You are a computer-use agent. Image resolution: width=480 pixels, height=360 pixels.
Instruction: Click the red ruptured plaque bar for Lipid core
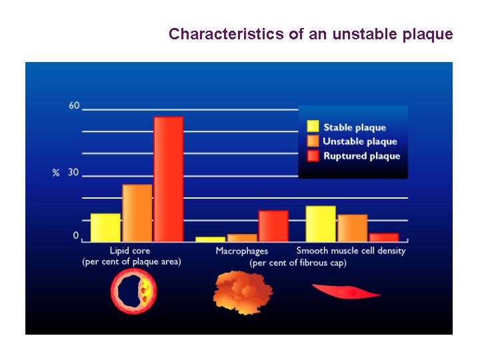[169, 179]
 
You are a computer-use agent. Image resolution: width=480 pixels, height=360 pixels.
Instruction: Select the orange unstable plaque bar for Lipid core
[137, 213]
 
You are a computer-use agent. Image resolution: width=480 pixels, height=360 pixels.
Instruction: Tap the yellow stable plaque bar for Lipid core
[105, 227]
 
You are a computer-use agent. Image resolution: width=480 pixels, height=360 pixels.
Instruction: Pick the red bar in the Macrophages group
[273, 226]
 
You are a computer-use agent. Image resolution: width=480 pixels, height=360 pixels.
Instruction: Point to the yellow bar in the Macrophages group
[211, 239]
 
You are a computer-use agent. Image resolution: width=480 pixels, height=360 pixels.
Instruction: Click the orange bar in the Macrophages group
[242, 238]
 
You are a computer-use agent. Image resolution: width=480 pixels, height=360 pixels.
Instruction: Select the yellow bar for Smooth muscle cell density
[321, 224]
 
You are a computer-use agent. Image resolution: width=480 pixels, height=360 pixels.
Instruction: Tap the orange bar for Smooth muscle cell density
[353, 228]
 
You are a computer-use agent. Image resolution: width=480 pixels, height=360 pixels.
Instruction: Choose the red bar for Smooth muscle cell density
[384, 237]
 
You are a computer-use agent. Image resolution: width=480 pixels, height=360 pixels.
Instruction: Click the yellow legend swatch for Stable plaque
[313, 126]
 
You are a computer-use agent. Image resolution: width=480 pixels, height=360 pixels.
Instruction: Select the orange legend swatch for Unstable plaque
[313, 141]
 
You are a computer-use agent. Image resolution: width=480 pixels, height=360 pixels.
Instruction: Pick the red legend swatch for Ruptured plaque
[313, 155]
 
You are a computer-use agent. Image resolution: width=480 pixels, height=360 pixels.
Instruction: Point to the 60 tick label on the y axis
[74, 105]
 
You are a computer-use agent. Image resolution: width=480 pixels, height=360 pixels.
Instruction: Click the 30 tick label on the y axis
[73, 173]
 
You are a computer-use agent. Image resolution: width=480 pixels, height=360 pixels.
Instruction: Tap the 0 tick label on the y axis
[75, 236]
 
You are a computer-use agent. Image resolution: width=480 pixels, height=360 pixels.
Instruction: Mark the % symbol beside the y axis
[56, 173]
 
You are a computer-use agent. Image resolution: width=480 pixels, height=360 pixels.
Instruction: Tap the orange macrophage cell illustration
[243, 293]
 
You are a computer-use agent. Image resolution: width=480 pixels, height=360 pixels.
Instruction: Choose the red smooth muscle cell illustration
[346, 292]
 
